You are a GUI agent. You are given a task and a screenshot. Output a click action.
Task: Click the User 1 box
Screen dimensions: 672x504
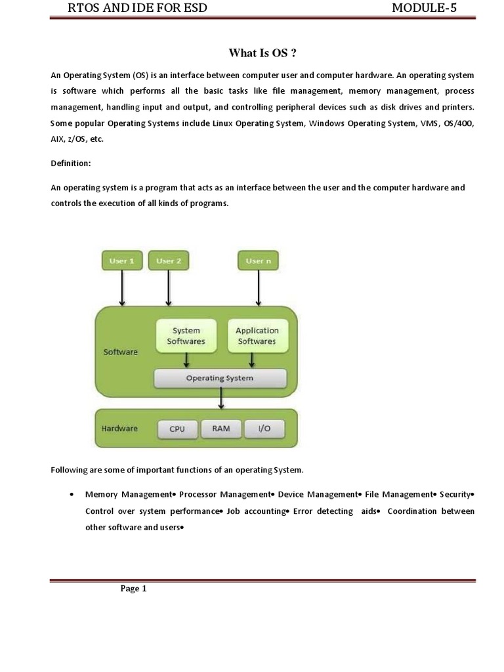click(122, 261)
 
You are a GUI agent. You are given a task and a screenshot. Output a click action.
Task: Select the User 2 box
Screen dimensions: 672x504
click(169, 261)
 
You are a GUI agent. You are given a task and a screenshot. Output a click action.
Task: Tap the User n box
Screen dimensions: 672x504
click(258, 261)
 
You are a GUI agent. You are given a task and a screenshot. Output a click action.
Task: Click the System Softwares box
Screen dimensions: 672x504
click(186, 335)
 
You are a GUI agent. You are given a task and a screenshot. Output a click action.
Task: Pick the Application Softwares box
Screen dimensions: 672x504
click(257, 335)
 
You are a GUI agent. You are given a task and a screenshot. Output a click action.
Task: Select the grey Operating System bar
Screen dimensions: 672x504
click(220, 378)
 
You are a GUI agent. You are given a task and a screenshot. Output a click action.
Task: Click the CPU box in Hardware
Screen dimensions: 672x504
click(177, 429)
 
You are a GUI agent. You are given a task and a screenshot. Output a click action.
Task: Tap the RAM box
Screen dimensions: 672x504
click(220, 429)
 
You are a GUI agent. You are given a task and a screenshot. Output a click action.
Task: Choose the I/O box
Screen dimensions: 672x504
click(264, 429)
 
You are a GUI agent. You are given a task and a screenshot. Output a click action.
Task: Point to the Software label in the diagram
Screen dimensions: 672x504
click(121, 352)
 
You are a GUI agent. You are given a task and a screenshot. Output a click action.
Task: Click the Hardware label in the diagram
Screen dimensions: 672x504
click(119, 429)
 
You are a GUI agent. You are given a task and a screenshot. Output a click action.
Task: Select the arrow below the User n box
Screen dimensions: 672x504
click(258, 288)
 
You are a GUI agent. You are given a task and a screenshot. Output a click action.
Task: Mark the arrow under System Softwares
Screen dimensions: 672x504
click(187, 360)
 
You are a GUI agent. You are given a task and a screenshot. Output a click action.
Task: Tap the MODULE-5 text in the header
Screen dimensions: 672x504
click(424, 8)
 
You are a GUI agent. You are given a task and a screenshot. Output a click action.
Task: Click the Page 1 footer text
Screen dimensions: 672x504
click(133, 589)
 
